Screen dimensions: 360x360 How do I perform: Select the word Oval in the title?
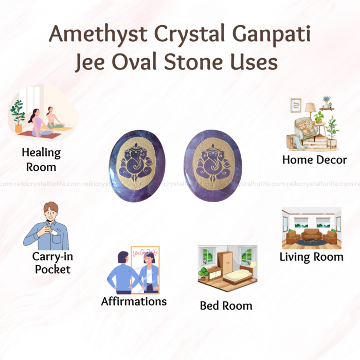click(134, 62)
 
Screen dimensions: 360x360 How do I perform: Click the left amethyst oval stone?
click(137, 166)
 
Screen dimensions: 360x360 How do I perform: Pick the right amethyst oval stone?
click(213, 166)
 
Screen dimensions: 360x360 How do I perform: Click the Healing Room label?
click(41, 159)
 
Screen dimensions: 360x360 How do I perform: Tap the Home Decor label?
click(315, 160)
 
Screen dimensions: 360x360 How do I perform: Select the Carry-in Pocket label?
click(52, 263)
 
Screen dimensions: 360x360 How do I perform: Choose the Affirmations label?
click(134, 301)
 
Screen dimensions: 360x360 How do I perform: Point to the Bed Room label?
click(226, 305)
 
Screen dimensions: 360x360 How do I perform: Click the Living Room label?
click(311, 257)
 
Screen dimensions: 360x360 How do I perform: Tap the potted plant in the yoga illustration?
click(17, 116)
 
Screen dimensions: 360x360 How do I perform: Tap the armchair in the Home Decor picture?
click(307, 129)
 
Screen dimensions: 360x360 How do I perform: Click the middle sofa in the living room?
click(312, 234)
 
